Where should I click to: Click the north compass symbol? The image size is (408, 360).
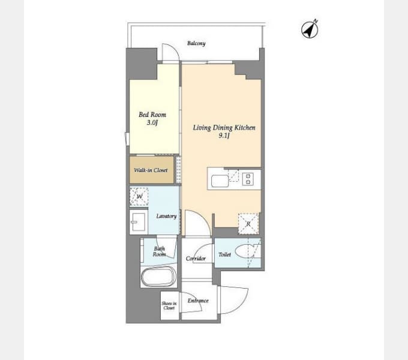[x=310, y=29]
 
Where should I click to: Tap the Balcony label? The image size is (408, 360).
[x=196, y=43]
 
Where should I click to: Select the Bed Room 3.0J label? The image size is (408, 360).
[x=152, y=118]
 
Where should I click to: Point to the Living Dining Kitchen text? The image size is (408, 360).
[x=224, y=127]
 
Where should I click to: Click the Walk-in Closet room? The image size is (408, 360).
[x=152, y=170]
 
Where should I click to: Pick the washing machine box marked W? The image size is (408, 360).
[x=139, y=196]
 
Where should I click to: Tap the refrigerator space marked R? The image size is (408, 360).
[x=248, y=224]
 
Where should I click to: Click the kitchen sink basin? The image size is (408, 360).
[x=220, y=181]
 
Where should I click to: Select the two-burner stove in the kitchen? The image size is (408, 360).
[x=248, y=179]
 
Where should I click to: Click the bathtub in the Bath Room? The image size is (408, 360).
[x=158, y=277]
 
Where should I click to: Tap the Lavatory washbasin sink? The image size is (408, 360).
[x=139, y=222]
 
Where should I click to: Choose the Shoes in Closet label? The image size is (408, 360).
[x=169, y=305]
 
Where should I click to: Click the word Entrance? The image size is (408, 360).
[x=198, y=301]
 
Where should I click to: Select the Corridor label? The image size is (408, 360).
[x=196, y=258]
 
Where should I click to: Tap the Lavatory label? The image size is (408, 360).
[x=167, y=216]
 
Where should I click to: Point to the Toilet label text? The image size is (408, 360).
[x=224, y=254]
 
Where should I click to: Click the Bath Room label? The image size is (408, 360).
[x=159, y=251]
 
